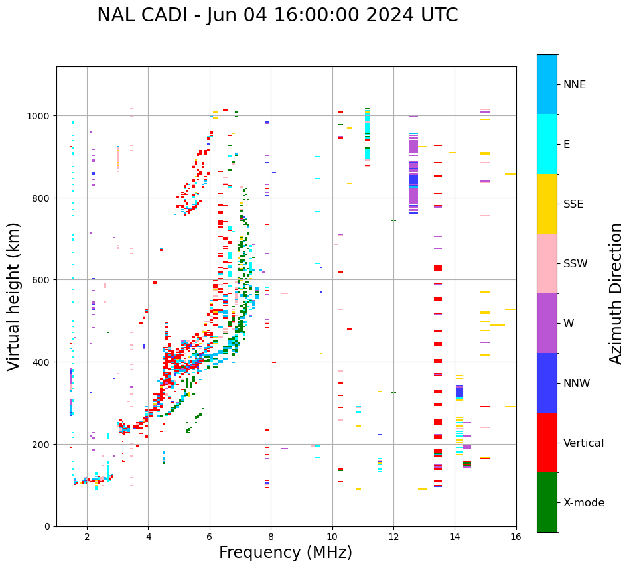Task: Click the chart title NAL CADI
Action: [277, 15]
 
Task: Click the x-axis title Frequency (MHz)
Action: [285, 553]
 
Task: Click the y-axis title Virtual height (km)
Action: [14, 296]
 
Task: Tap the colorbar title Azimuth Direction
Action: [616, 293]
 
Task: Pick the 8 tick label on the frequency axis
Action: [271, 537]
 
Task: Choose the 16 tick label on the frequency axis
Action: [516, 537]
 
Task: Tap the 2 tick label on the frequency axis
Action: [87, 537]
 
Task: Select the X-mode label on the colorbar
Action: [584, 503]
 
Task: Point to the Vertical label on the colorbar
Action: [584, 443]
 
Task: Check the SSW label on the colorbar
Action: [575, 264]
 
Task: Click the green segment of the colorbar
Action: [547, 502]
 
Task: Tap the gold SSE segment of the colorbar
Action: [547, 204]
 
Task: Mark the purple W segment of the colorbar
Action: [547, 323]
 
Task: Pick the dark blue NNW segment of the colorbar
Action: [547, 383]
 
